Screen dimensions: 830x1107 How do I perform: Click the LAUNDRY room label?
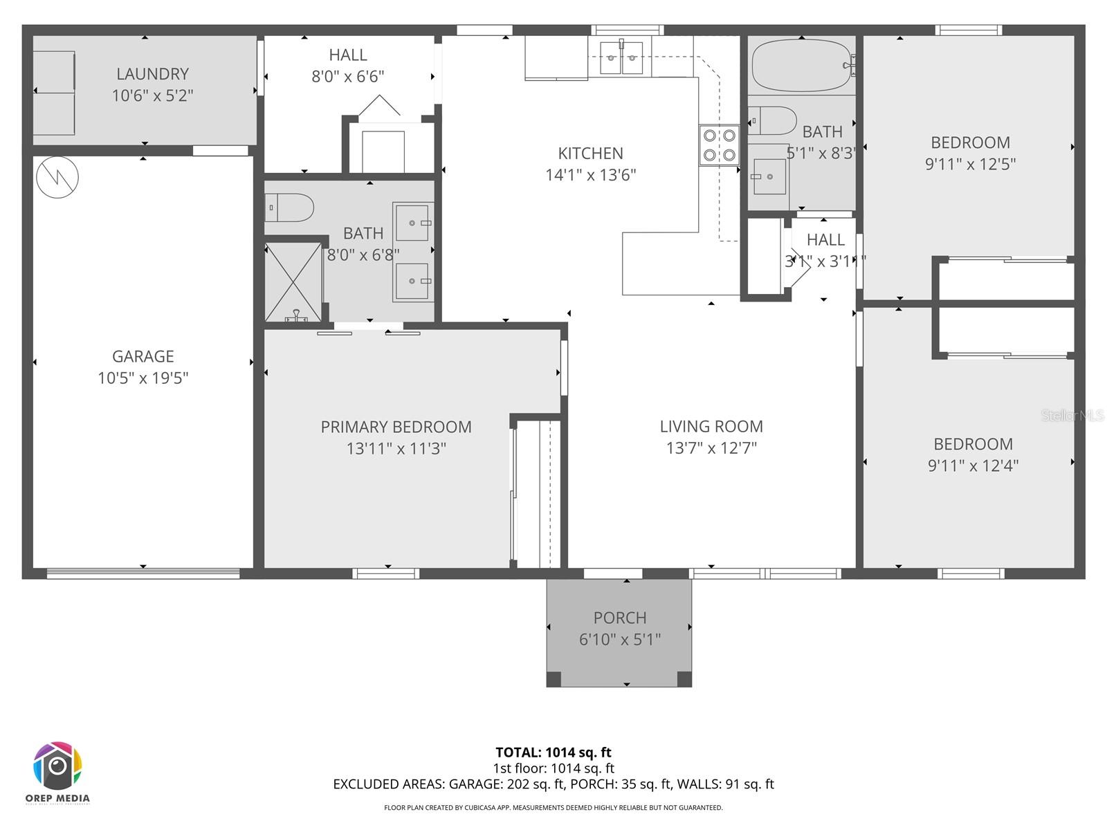pyautogui.click(x=152, y=74)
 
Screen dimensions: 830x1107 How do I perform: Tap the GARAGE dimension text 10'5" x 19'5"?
pyautogui.click(x=143, y=378)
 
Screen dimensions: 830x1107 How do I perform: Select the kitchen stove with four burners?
pyautogui.click(x=719, y=145)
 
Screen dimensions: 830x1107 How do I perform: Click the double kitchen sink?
pyautogui.click(x=621, y=57)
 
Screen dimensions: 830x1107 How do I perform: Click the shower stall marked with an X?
pyautogui.click(x=293, y=282)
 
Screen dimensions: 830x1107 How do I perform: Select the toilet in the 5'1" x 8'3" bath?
pyautogui.click(x=772, y=121)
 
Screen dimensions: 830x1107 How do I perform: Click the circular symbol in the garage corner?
pyautogui.click(x=57, y=177)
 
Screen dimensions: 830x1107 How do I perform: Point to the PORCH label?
pyautogui.click(x=620, y=618)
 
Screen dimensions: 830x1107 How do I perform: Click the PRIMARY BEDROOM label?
pyautogui.click(x=396, y=427)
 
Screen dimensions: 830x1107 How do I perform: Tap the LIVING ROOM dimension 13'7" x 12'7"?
pyautogui.click(x=711, y=448)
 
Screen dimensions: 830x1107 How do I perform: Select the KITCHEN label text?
pyautogui.click(x=590, y=153)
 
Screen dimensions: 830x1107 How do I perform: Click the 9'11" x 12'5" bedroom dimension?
pyautogui.click(x=970, y=164)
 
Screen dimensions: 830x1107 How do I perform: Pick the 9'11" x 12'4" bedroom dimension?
pyautogui.click(x=973, y=465)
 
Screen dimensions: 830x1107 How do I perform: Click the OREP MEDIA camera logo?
pyautogui.click(x=58, y=766)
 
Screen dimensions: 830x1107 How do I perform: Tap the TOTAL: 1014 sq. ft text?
pyautogui.click(x=553, y=753)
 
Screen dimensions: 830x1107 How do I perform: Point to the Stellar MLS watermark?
pyautogui.click(x=1072, y=415)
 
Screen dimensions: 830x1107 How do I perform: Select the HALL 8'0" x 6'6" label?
pyautogui.click(x=348, y=65)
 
